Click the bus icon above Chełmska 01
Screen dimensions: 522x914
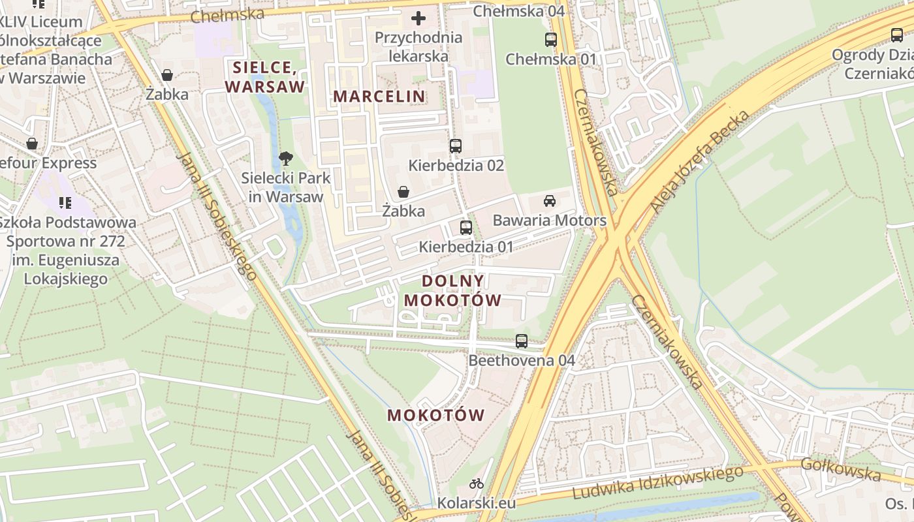[x=551, y=39]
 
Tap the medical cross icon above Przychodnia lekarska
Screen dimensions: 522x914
[x=418, y=18]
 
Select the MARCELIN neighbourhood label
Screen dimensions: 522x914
[x=379, y=96]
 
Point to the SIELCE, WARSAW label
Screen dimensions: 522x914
[x=265, y=77]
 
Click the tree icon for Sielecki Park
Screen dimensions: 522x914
[x=285, y=158]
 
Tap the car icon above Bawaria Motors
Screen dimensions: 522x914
[x=550, y=200]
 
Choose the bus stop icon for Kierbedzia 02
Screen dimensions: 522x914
[x=456, y=146]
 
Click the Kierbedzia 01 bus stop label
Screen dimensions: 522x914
[x=466, y=247]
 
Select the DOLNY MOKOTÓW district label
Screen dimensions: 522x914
[x=453, y=290]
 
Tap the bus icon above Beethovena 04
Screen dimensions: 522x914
[x=521, y=341]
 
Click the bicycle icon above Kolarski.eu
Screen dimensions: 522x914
[x=477, y=484]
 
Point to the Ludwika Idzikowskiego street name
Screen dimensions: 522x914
[x=657, y=482]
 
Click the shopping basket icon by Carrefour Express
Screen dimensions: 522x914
[x=32, y=144]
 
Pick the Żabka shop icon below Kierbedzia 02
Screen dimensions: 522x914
[x=403, y=191]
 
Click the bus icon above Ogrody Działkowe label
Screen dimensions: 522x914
[x=897, y=35]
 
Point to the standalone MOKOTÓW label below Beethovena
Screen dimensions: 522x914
[x=436, y=415]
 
